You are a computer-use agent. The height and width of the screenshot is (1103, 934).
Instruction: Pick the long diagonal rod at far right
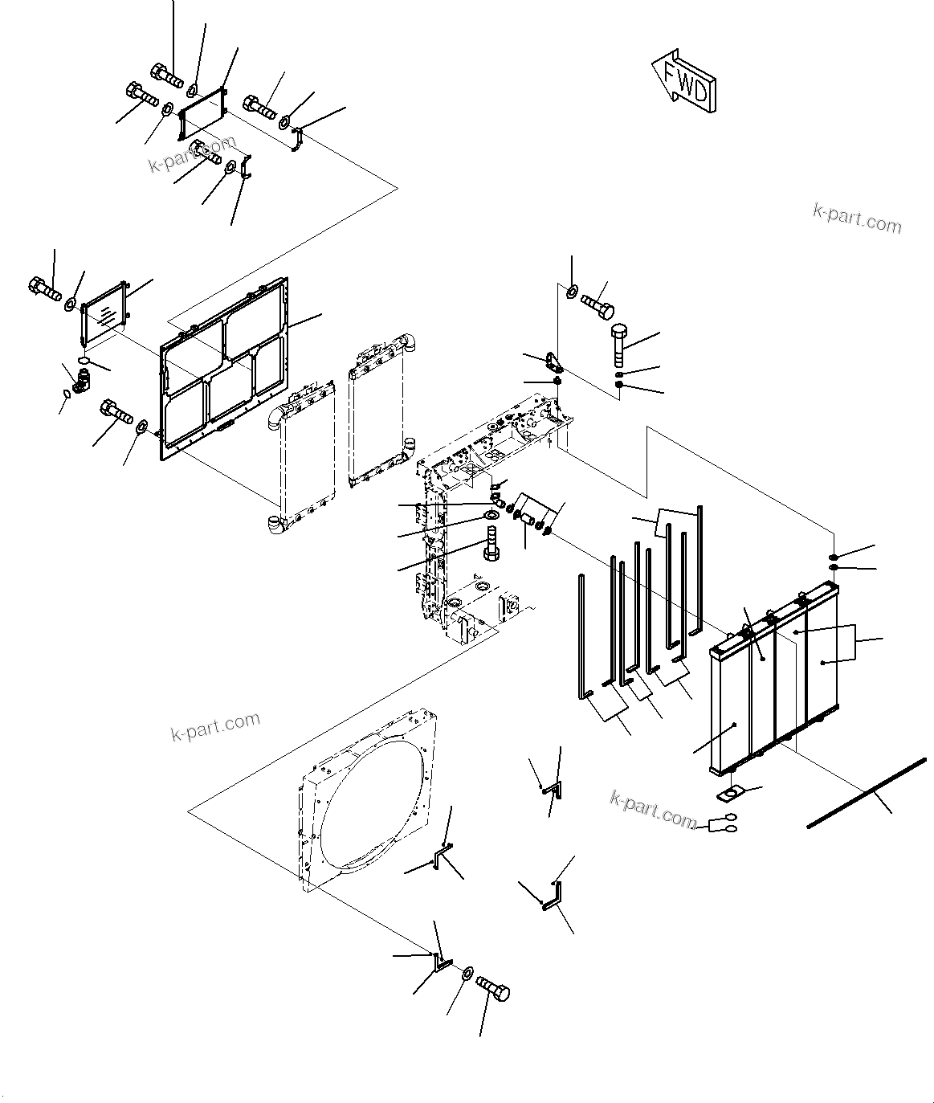coord(867,791)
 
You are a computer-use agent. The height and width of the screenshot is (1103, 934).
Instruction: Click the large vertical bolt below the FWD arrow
coord(622,345)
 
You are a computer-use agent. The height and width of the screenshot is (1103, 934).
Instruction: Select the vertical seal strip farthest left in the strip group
coord(580,635)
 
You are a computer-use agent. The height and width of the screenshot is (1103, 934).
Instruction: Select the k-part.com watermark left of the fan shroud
coord(215,726)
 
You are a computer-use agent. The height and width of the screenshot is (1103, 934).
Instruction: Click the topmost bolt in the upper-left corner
coord(166,76)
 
